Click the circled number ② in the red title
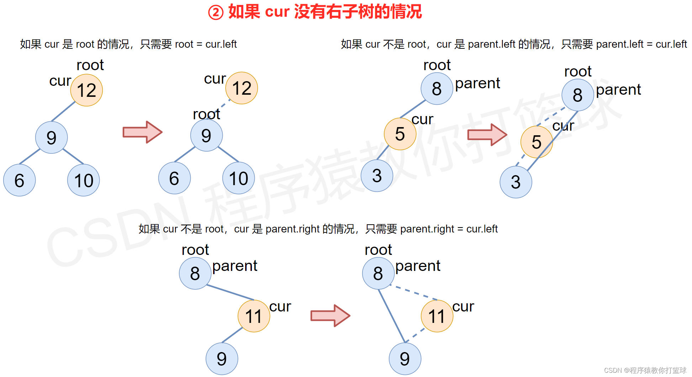(216, 12)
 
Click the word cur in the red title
(277, 12)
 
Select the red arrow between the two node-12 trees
(142, 132)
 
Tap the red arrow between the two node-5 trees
(487, 135)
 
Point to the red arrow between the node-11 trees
(330, 315)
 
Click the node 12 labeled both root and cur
(86, 90)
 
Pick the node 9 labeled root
(206, 135)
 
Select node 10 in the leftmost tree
(84, 180)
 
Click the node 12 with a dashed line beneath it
(242, 88)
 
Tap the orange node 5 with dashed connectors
(537, 142)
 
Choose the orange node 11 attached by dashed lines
(437, 316)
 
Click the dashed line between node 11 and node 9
(416, 336)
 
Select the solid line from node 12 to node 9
(63, 111)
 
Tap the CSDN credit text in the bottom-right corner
(645, 370)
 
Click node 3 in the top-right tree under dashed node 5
(516, 182)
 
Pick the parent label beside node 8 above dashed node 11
(418, 266)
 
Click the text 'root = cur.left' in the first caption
(206, 44)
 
